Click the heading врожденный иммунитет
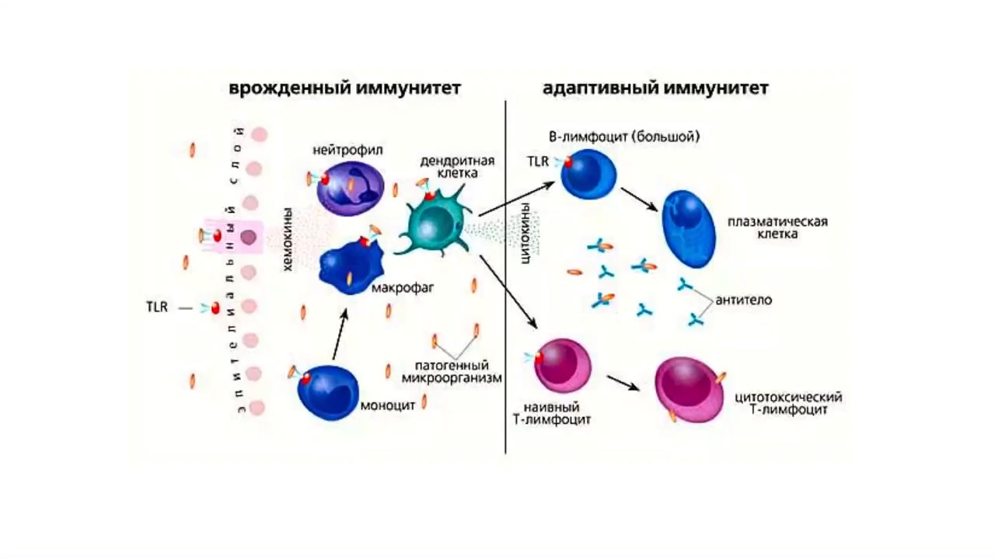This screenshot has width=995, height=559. point(344,88)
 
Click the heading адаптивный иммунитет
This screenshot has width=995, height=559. point(655,88)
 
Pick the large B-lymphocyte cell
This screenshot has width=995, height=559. point(589,173)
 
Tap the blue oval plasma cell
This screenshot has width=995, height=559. point(689,227)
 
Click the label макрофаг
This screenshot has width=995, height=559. point(402,289)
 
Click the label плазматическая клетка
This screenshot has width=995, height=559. point(777,227)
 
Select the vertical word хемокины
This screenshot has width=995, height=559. point(288,239)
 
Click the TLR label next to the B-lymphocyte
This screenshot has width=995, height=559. point(538,161)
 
